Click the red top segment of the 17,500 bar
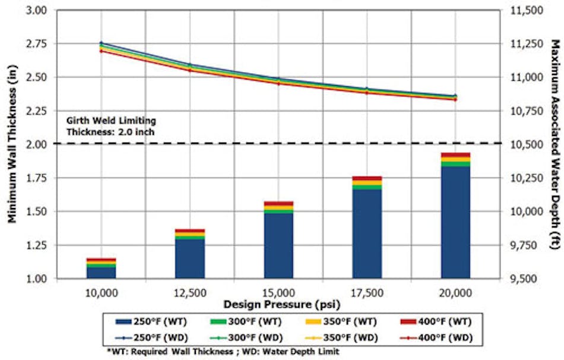[366, 178]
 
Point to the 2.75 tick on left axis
[41, 45]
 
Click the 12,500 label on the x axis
[189, 293]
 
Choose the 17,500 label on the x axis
[366, 293]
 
